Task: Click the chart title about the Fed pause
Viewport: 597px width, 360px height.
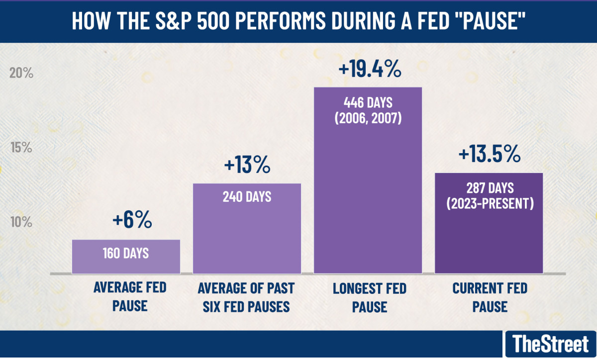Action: tap(298, 22)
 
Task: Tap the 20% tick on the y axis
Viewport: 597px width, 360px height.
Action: tap(21, 73)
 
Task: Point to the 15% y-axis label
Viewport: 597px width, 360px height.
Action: tap(21, 148)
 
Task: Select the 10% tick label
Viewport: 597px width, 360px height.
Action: tap(21, 221)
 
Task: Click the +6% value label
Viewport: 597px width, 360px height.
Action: tap(132, 221)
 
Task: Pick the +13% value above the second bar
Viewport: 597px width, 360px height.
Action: tap(247, 165)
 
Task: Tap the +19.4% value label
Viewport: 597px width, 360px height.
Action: tap(369, 69)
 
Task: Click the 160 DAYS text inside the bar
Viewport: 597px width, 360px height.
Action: tap(126, 253)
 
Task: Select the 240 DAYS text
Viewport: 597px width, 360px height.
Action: tap(247, 196)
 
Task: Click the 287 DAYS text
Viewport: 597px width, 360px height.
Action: tap(490, 189)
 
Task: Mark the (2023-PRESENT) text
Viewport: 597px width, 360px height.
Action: tap(490, 204)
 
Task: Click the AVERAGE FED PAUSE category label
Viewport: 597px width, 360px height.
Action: tap(129, 296)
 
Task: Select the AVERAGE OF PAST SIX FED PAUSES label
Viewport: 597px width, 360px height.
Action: tap(246, 297)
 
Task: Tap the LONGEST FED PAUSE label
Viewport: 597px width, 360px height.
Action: tap(369, 297)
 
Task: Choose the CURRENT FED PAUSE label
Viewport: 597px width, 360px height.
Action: tap(490, 297)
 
